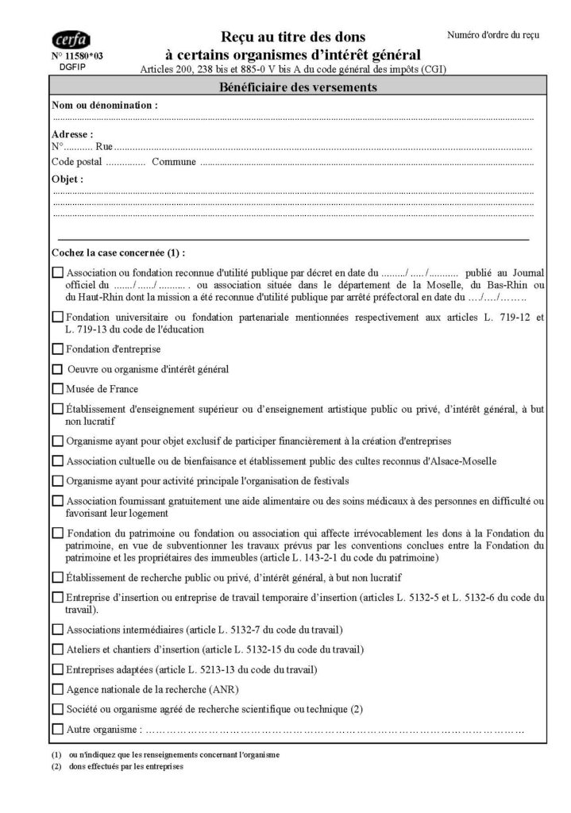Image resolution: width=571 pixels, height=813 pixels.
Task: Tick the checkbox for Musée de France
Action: coord(57,389)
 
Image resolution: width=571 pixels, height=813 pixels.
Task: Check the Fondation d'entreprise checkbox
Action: coord(57,349)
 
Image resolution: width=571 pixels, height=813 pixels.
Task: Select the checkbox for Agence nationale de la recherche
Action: coord(57,688)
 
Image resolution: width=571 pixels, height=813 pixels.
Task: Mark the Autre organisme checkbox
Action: coord(57,729)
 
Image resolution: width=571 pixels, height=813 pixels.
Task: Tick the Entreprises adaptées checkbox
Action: coord(57,669)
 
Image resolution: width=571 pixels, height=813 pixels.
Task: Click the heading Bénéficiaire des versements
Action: coord(297,87)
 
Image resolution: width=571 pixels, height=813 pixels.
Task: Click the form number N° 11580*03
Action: coord(76,58)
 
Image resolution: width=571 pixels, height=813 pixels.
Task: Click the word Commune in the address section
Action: coord(173,162)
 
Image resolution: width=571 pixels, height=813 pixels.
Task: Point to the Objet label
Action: coord(68,179)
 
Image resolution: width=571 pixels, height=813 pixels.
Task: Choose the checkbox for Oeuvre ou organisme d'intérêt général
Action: coord(57,369)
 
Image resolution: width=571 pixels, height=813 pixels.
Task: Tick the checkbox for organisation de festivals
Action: coord(57,480)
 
